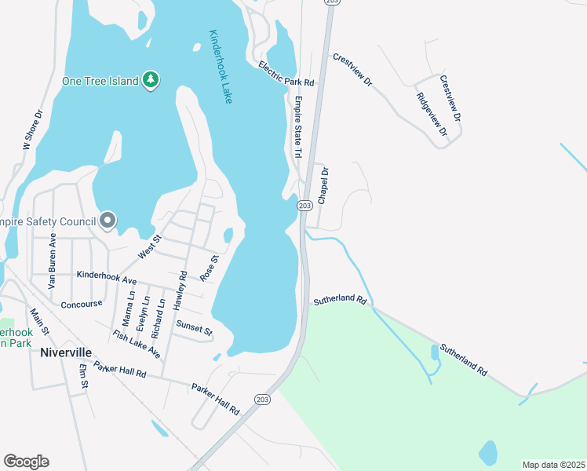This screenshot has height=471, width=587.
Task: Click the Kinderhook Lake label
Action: [x=221, y=67]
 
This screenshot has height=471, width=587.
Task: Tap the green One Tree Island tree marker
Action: [x=151, y=79]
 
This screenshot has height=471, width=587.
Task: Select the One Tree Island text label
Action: [x=101, y=80]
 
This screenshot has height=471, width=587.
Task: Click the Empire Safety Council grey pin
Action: [x=108, y=221]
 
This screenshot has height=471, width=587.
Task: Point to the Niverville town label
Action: [x=66, y=352]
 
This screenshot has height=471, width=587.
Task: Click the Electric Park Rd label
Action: [x=286, y=75]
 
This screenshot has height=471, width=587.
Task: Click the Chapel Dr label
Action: [x=323, y=186]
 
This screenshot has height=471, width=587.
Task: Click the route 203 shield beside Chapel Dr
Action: [x=305, y=205]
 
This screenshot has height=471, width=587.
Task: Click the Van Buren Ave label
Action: [x=53, y=261]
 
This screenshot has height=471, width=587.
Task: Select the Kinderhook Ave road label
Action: [x=107, y=276]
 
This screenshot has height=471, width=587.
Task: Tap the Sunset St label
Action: [x=194, y=327]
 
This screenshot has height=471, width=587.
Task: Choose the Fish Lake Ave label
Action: [x=137, y=345]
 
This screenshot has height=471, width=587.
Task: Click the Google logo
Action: [x=26, y=462]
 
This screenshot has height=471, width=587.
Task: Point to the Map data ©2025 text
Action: [x=552, y=465]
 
